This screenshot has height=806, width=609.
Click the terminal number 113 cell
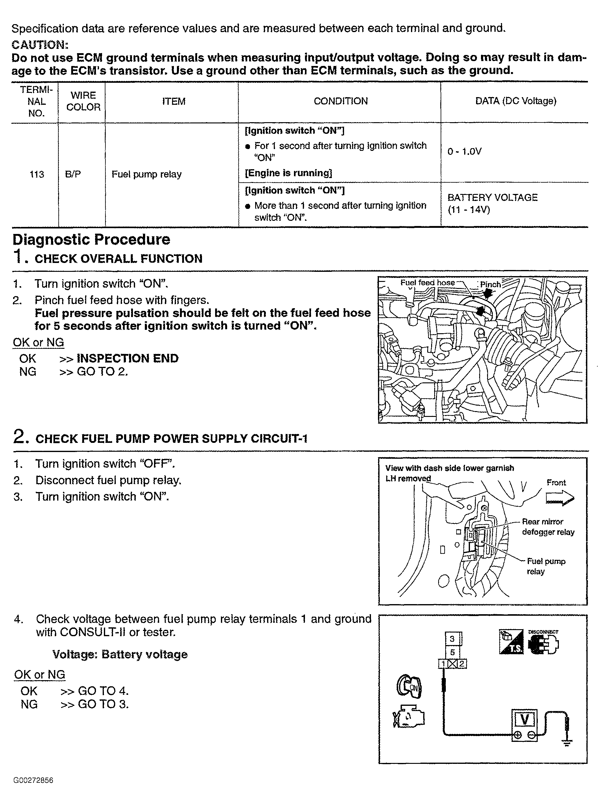pos(36,174)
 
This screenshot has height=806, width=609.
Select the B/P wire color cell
pos(73,174)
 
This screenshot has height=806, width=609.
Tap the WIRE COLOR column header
pos(83,101)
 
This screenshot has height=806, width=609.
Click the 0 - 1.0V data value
pos(464,151)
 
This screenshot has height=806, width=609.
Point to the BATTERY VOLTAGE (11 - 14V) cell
pos(492,203)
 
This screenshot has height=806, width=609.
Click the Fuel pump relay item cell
pos(146,174)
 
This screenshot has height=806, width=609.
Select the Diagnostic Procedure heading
pos(91,240)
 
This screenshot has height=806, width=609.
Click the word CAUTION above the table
pos(40,45)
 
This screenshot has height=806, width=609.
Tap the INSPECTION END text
pos(127,359)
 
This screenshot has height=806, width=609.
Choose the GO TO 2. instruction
pos(102,372)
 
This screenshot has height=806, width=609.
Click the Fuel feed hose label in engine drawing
pos(427,283)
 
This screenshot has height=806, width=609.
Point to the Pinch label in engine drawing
pos(490,285)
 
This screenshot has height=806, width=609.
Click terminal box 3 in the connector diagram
pos(452,639)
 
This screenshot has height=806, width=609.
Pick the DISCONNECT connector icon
pos(543,643)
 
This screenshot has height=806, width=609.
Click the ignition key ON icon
pos(409,687)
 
